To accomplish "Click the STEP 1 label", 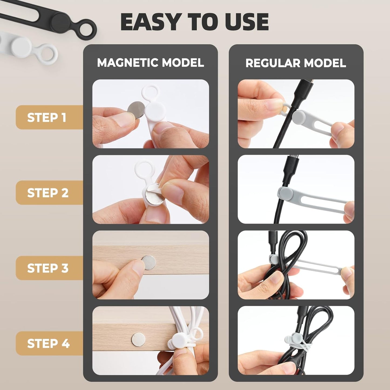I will [47, 117].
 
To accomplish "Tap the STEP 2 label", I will [48, 193].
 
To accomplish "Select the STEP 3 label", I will [48, 268].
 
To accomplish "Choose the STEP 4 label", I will [48, 343].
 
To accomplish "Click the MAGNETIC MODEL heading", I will [150, 63].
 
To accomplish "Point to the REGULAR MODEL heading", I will [296, 63].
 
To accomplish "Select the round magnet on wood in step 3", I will [149, 263].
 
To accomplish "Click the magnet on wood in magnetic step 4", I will [138, 340].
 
